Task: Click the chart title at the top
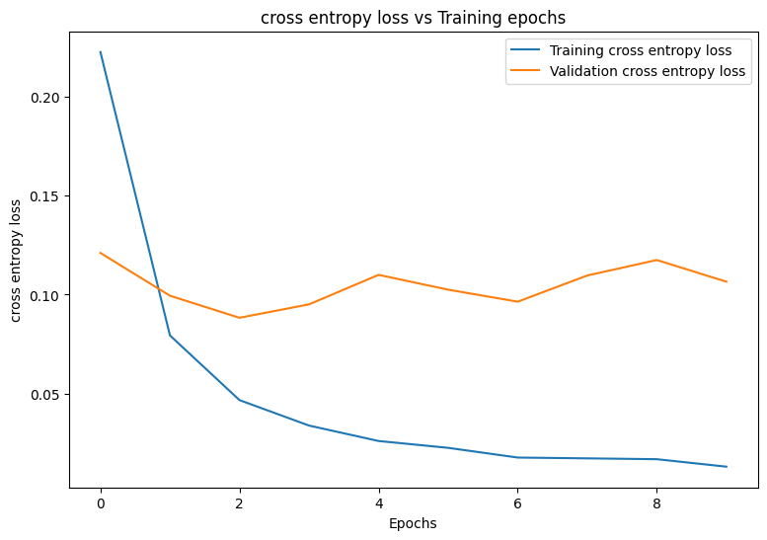[413, 17]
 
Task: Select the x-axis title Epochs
[413, 523]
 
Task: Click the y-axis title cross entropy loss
[16, 261]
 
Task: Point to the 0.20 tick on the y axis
[45, 98]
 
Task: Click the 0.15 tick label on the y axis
[45, 196]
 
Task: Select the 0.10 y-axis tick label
[45, 295]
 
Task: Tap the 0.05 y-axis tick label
[45, 395]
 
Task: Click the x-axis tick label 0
[101, 502]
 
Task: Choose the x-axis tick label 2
[240, 502]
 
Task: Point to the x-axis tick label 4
[379, 502]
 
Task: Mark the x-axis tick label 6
[517, 502]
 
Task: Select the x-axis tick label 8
[656, 502]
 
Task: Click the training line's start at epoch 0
[101, 52]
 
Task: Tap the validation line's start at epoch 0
[101, 253]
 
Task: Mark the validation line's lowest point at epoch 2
[240, 318]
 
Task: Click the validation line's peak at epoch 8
[656, 260]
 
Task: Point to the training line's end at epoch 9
[726, 467]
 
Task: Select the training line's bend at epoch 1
[170, 336]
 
